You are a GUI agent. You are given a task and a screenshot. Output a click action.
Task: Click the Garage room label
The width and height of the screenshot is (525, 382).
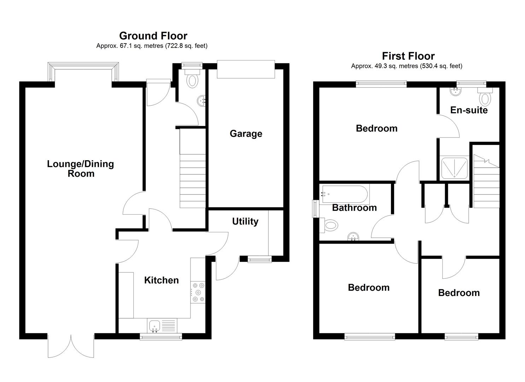tap(246, 134)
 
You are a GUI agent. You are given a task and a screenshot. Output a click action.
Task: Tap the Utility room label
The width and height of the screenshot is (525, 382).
tap(245, 221)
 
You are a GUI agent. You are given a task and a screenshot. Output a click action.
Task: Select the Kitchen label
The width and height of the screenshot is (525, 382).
tap(162, 280)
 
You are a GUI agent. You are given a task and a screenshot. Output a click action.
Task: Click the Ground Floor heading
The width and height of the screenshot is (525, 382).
tap(153, 36)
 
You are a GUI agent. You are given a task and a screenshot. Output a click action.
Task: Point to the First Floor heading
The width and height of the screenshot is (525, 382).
tap(408, 56)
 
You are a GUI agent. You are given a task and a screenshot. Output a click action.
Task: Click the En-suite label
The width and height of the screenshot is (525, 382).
tap(469, 110)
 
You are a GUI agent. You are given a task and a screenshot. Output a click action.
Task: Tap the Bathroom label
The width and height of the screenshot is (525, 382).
tap(354, 208)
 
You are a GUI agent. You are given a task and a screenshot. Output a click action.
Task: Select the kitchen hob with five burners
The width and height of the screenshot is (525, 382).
tap(198, 293)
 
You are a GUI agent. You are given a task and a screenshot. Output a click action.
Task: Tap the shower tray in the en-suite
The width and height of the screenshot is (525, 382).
tap(454, 168)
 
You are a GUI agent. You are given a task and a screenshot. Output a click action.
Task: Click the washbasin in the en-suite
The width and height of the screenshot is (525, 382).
tap(456, 91)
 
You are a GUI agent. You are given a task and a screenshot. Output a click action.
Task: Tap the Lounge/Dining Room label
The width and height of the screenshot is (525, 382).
tap(80, 169)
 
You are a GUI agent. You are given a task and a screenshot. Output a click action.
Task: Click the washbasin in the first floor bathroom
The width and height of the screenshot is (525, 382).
tap(353, 236)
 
